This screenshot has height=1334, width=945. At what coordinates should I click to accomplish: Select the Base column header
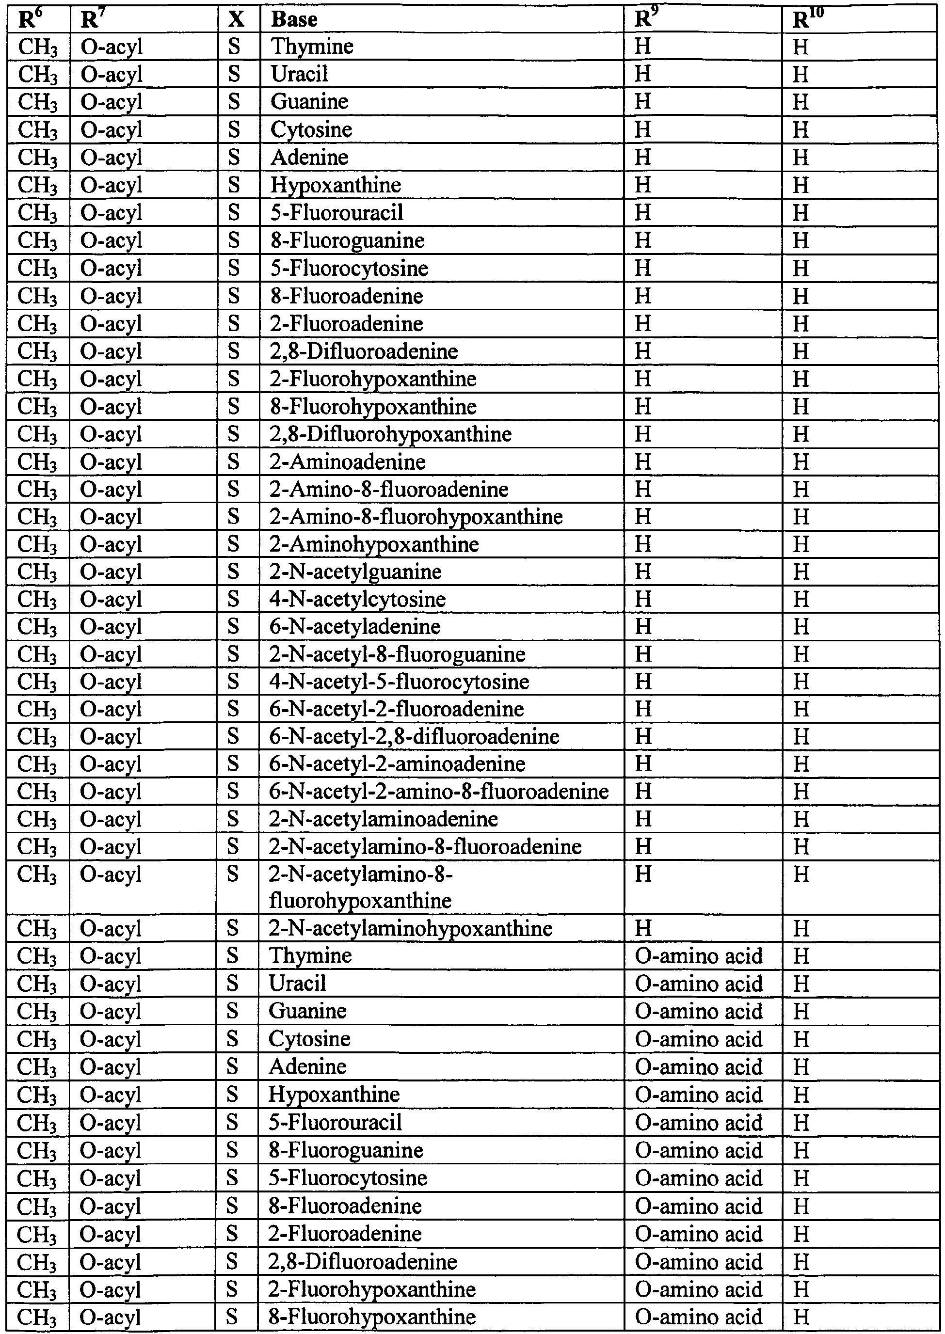click(x=294, y=19)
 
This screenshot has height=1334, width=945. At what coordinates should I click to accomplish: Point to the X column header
click(x=236, y=19)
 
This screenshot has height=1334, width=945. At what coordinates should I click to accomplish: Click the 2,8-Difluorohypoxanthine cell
click(x=390, y=434)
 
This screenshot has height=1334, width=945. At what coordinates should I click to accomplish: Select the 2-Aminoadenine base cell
click(x=347, y=462)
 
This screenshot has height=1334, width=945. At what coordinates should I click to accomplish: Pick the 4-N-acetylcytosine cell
click(x=357, y=599)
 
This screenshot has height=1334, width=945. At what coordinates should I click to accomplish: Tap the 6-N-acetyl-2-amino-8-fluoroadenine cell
click(x=439, y=791)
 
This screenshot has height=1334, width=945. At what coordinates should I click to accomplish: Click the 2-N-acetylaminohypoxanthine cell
click(x=410, y=928)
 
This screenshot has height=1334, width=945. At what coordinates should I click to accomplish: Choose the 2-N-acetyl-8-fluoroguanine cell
click(x=398, y=654)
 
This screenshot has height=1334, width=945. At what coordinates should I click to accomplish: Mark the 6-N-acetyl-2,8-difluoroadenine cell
click(x=414, y=736)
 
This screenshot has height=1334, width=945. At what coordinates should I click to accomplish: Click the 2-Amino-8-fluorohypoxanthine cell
click(x=416, y=517)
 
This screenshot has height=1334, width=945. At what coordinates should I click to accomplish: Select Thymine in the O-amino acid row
click(x=310, y=956)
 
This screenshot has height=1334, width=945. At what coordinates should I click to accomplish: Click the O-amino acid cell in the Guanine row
click(x=698, y=1011)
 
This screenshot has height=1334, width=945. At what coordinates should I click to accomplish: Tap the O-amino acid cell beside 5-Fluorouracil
click(x=698, y=1122)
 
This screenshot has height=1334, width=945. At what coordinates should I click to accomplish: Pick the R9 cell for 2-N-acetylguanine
click(x=643, y=572)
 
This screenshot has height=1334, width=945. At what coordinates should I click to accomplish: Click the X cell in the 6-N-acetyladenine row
click(x=233, y=627)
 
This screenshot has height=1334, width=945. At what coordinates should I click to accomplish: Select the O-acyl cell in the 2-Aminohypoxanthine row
click(x=111, y=544)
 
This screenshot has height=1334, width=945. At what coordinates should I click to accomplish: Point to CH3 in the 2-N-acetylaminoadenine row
click(x=38, y=819)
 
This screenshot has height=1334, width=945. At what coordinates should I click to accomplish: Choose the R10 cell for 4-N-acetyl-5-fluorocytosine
click(x=801, y=682)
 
